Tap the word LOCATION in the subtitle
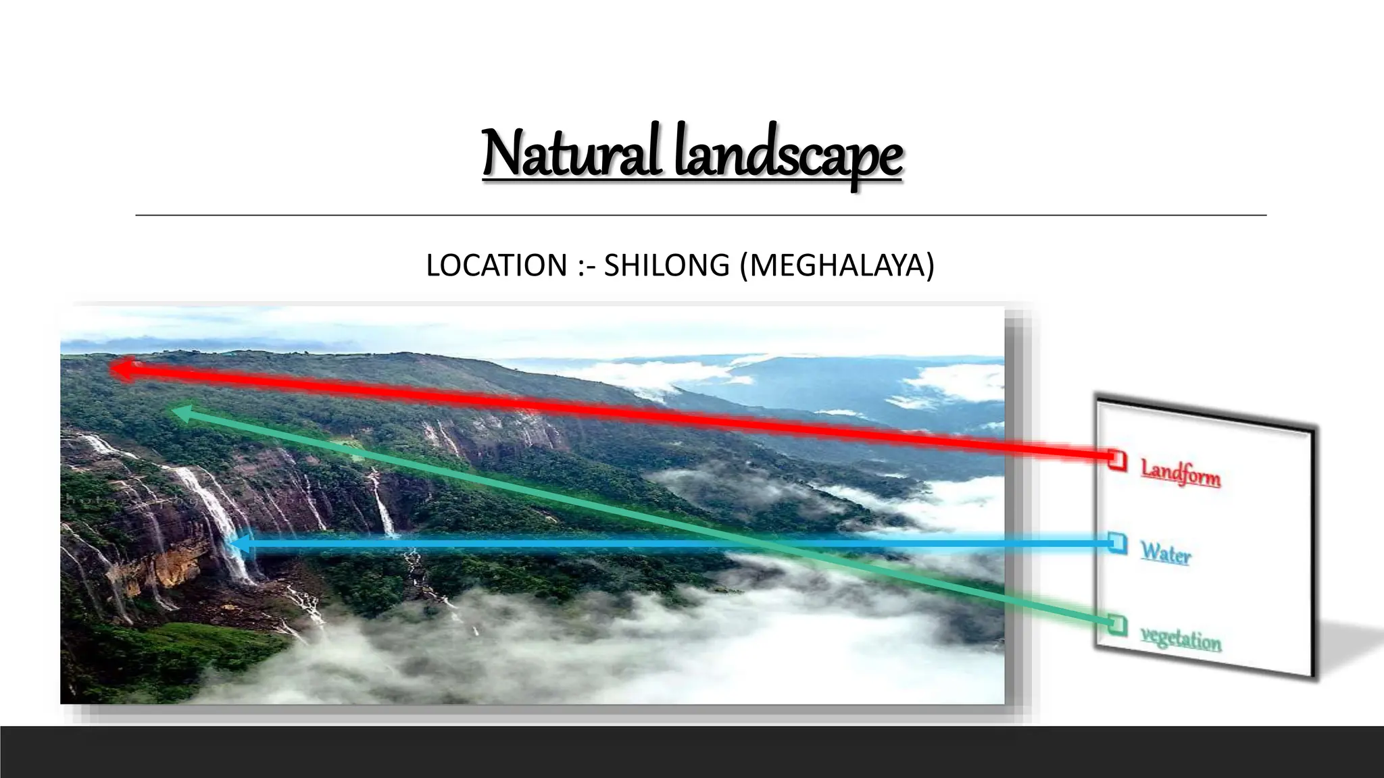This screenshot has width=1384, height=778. click(x=497, y=265)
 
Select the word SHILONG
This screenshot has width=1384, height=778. click(x=666, y=265)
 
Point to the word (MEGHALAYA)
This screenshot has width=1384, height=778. click(x=837, y=265)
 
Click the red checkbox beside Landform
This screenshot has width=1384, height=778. click(x=1118, y=460)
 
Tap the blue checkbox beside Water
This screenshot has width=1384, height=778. click(x=1118, y=542)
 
